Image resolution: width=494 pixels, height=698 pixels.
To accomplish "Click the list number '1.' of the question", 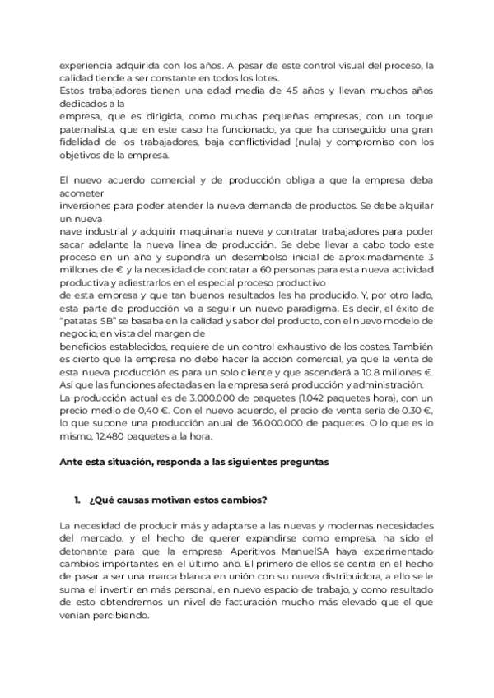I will click(77, 500).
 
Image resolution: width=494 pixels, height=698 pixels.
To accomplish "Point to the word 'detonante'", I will click(91, 551).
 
